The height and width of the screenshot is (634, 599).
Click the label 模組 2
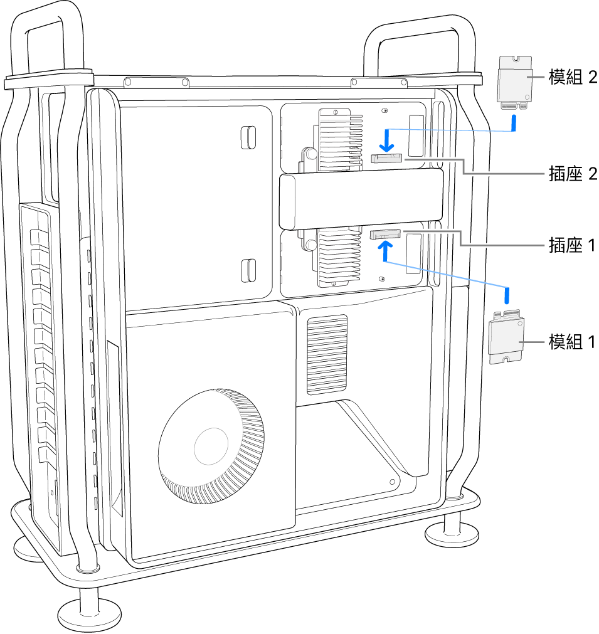pos(573,77)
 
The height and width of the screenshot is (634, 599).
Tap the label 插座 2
pos(573,174)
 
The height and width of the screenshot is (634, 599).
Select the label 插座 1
pos(572,245)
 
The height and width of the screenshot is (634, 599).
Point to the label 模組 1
pos(572,342)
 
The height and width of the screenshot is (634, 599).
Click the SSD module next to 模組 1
pos(507,337)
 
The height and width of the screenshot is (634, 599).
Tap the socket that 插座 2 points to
pos(386,157)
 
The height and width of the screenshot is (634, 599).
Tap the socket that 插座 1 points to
pos(385,234)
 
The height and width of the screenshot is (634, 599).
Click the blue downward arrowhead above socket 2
pos(387,148)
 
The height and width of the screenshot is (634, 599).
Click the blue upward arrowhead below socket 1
pos(386,245)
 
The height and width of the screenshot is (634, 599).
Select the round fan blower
pos(211,446)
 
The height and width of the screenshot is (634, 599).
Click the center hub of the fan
pos(211,446)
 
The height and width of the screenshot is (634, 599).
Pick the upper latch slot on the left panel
pos(248,137)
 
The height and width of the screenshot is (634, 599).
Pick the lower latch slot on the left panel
pos(248,270)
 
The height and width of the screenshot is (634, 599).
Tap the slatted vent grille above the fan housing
pos(327,354)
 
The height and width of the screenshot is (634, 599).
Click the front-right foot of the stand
pos(452,534)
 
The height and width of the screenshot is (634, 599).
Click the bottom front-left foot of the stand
pos(90,614)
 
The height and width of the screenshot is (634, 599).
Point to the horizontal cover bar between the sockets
pos(361,199)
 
